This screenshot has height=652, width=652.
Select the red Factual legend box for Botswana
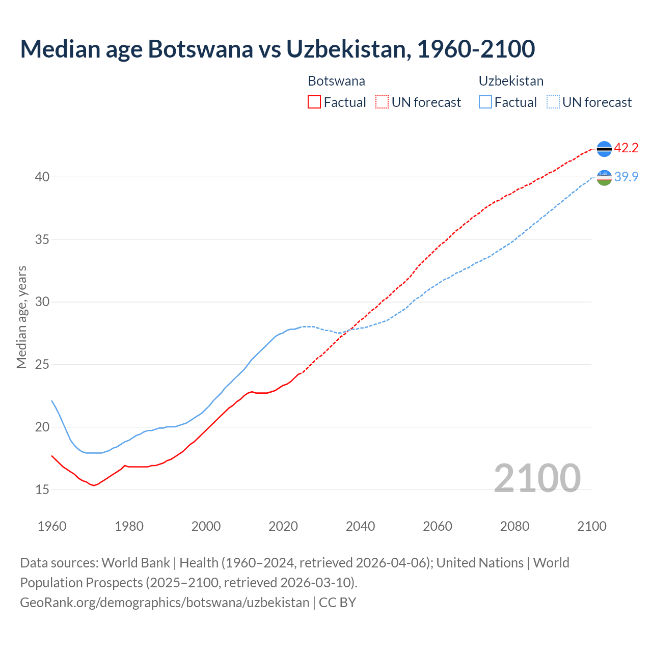click(314, 102)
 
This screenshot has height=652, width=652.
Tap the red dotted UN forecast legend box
click(382, 102)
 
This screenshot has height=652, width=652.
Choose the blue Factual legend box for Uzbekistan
click(485, 102)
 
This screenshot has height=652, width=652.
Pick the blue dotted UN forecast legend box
click(553, 102)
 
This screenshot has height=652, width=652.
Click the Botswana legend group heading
click(336, 81)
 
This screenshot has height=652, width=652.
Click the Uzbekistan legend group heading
click(511, 81)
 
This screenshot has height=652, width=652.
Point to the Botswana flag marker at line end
click(604, 149)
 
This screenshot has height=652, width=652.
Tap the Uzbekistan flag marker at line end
click(604, 178)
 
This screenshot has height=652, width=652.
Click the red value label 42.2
click(626, 148)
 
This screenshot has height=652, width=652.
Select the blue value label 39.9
click(626, 177)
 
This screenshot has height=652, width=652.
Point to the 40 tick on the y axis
click(42, 177)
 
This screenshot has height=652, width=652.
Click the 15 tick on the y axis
click(42, 490)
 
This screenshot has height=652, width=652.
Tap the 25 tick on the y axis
click(42, 365)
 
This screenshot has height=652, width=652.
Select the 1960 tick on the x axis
click(52, 526)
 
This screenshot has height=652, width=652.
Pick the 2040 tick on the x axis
click(360, 526)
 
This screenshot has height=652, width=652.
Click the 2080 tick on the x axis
click(514, 526)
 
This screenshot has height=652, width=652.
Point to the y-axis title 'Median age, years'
click(21, 317)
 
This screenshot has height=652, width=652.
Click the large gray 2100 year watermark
click(537, 478)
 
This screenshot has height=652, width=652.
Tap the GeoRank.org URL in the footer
click(165, 603)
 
